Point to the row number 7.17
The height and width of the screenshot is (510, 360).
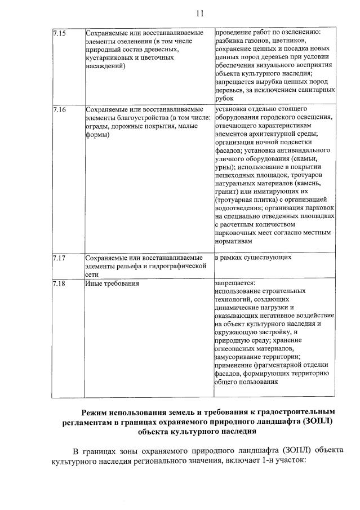pos(59,258)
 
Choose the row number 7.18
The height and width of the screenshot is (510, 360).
pos(59,283)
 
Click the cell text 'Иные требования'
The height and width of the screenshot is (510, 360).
pos(112,283)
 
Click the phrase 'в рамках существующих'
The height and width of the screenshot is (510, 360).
pos(253,258)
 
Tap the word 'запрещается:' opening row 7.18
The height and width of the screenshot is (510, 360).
pos(235,283)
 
